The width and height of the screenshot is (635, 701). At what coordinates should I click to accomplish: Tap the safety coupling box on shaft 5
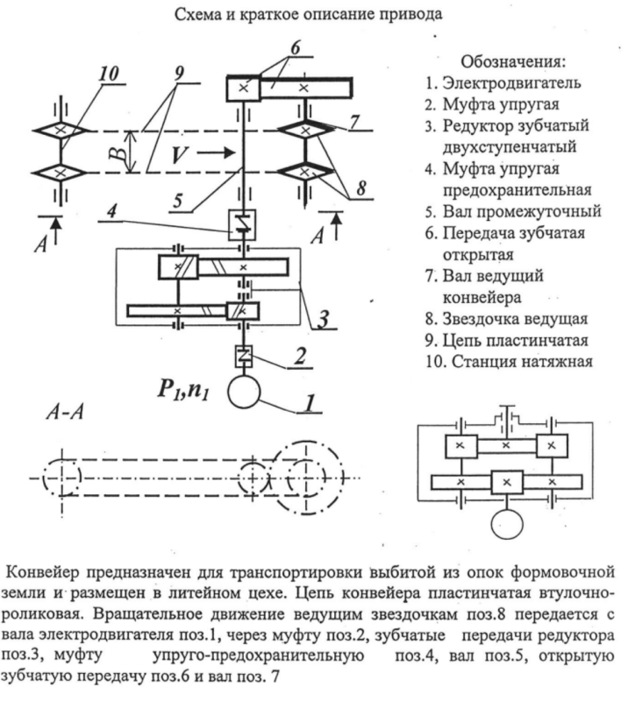239,224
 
